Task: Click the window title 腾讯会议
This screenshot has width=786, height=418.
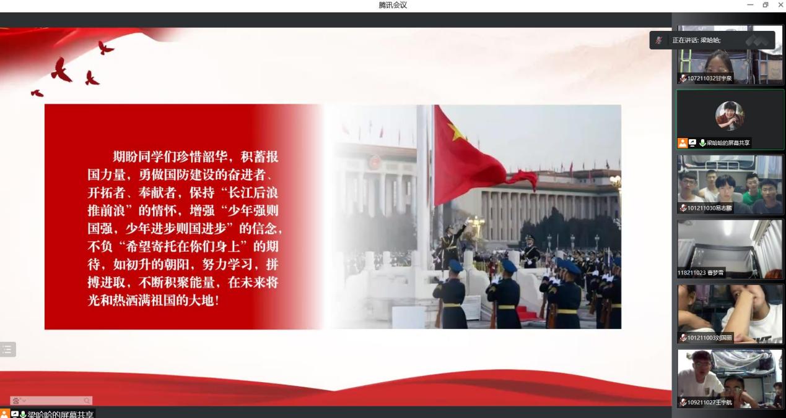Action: coord(393,5)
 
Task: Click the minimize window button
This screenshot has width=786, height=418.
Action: coord(750,5)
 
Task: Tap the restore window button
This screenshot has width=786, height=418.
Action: coord(766,5)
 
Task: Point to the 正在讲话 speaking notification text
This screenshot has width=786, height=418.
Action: coord(697,40)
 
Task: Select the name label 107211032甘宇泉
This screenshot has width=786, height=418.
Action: coord(709,79)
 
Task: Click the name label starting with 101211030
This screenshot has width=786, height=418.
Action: coord(709,208)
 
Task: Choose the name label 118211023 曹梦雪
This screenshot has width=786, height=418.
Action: coord(701,273)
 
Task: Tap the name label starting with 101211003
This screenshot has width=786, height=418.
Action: coord(709,338)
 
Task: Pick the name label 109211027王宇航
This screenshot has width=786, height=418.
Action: coord(709,403)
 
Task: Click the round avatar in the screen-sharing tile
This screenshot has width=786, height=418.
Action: coord(730,115)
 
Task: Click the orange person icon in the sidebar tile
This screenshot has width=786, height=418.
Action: coord(683,143)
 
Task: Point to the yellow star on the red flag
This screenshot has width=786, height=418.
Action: coord(456,132)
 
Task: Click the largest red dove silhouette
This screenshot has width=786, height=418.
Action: coord(61,70)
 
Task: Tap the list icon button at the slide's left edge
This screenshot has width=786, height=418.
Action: coord(7,349)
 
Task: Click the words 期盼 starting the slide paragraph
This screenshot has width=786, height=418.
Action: coord(125,156)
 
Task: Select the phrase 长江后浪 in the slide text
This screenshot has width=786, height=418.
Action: coord(253,193)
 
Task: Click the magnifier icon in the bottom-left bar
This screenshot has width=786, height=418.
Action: coord(87,401)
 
